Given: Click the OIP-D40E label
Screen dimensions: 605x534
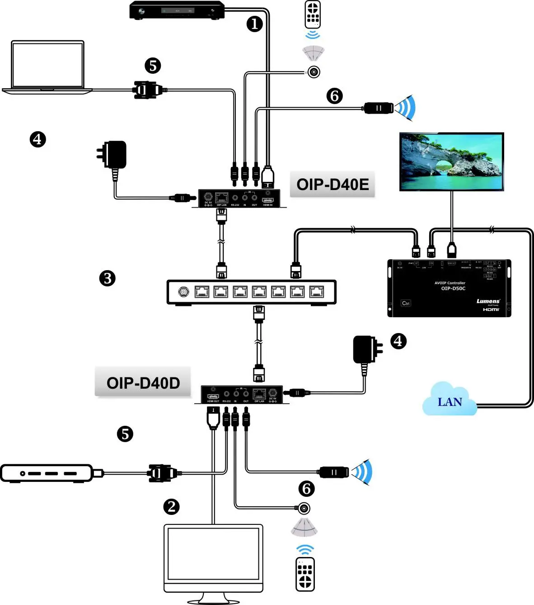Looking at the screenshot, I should tap(333, 185).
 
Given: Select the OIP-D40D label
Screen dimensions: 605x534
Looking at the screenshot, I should tap(143, 383).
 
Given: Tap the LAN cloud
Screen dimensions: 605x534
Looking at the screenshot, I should tap(450, 400).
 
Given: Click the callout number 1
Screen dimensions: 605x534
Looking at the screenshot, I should tap(255, 24).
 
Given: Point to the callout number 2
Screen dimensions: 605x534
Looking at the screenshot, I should tap(171, 506).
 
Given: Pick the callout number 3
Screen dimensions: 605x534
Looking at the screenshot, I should tap(107, 278).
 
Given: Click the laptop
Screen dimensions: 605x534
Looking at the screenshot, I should tap(47, 67).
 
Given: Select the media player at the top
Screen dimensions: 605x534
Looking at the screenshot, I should tap(177, 10).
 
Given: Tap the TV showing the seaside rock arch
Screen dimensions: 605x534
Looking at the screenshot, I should tap(451, 162).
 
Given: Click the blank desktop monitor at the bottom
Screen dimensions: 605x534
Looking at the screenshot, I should tap(213, 558).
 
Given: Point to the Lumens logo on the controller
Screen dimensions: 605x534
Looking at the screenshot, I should tap(488, 301).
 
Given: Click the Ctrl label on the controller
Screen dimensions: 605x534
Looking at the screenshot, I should tap(406, 303).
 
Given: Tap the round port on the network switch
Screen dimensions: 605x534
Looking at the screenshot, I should tap(184, 292).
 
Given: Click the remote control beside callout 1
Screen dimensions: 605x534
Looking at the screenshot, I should tap(313, 14).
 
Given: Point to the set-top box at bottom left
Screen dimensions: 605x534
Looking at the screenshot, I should tap(47, 473).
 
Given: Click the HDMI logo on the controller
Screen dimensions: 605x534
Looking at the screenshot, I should tap(491, 310).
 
